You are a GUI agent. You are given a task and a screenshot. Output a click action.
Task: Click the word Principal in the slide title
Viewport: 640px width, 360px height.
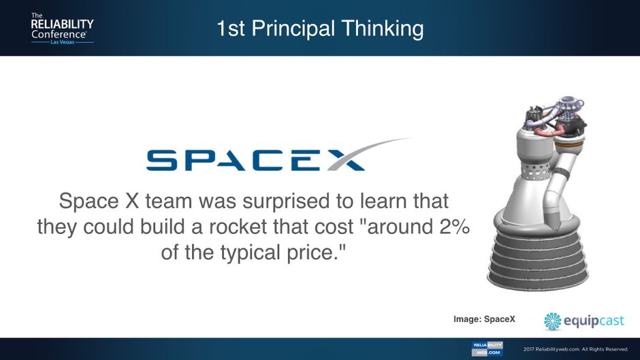(x=293, y=29)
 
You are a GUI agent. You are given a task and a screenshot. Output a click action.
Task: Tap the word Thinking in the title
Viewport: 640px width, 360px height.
(x=383, y=29)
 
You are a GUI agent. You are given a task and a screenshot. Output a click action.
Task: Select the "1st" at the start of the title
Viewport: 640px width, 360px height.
(x=230, y=29)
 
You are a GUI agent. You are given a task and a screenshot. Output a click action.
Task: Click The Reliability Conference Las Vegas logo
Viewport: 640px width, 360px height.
(x=62, y=28)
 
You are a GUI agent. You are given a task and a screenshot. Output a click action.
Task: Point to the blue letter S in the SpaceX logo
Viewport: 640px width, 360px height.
(x=162, y=160)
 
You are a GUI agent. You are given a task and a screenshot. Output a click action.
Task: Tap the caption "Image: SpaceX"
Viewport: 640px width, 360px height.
(x=484, y=319)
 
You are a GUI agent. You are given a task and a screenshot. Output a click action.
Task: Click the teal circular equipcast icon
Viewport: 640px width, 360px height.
(x=553, y=321)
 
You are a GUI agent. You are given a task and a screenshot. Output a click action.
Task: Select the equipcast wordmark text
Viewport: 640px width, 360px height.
(x=594, y=321)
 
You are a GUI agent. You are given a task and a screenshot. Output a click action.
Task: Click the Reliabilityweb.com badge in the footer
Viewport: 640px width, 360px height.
(x=487, y=349)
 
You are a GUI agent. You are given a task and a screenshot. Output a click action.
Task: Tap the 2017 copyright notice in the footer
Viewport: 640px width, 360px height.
(x=575, y=349)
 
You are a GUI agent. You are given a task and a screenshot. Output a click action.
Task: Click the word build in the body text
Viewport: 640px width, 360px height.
(x=165, y=227)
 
